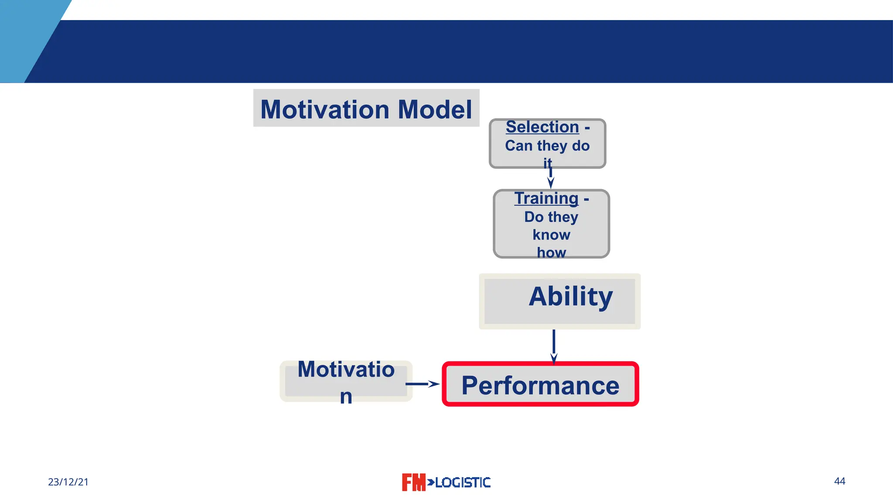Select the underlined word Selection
click(542, 127)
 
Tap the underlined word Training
click(546, 198)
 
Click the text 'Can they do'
click(547, 146)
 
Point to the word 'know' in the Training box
click(551, 235)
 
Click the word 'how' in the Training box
click(551, 252)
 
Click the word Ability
click(570, 297)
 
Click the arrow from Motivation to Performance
click(422, 384)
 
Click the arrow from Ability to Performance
click(554, 346)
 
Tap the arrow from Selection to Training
click(551, 178)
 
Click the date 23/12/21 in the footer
click(68, 482)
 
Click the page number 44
click(839, 481)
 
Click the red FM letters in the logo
click(413, 482)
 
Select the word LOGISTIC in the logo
click(463, 482)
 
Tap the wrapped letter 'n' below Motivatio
click(346, 397)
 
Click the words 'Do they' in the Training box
click(551, 217)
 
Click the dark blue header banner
click(480, 51)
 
